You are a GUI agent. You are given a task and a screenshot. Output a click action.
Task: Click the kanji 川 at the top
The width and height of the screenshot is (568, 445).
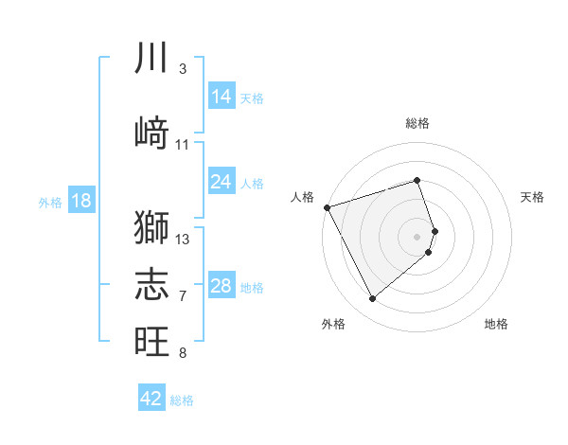point(151,59)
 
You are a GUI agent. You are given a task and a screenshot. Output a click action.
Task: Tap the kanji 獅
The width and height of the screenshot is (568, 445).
point(151,227)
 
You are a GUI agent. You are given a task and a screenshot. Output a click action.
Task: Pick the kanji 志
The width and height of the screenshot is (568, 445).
point(151,282)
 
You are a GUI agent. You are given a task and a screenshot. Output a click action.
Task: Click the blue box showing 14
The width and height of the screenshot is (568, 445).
point(222,97)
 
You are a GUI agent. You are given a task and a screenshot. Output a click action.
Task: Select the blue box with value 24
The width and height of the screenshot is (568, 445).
point(222,182)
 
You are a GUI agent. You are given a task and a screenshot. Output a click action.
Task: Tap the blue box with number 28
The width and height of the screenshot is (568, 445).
point(222,286)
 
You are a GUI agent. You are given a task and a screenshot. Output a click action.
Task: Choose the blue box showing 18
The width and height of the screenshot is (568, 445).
point(80,201)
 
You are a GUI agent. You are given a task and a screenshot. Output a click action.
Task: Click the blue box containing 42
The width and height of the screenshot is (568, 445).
point(151,399)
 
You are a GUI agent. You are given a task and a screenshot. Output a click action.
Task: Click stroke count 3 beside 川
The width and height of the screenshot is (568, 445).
point(182,69)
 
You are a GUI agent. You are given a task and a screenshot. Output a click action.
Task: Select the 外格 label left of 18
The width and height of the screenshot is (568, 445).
point(50,202)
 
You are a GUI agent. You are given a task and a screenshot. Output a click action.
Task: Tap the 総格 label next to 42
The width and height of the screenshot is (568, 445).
point(182,400)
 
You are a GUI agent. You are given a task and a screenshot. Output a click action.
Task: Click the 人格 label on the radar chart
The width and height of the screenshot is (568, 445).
point(302,197)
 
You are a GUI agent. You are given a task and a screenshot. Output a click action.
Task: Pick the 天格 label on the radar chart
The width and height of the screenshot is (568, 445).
point(533,197)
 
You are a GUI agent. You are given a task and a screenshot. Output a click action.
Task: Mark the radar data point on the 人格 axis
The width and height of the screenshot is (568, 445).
point(327,206)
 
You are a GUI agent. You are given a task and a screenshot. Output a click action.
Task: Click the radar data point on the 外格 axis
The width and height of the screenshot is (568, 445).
point(372,299)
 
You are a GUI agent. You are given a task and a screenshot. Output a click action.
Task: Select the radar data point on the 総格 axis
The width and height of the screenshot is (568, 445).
point(417,180)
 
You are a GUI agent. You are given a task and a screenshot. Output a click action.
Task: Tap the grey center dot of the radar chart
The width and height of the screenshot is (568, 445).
point(417,236)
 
